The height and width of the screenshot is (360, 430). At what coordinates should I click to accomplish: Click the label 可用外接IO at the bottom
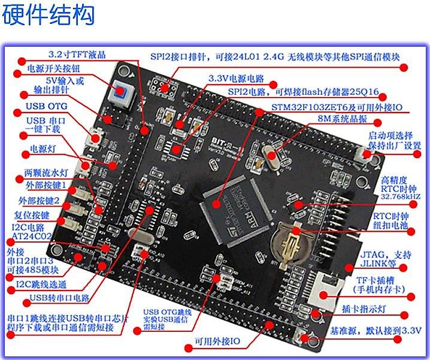pyautogui.click(x=216, y=341)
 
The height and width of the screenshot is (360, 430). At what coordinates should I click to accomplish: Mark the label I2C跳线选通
pyautogui.click(x=41, y=284)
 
